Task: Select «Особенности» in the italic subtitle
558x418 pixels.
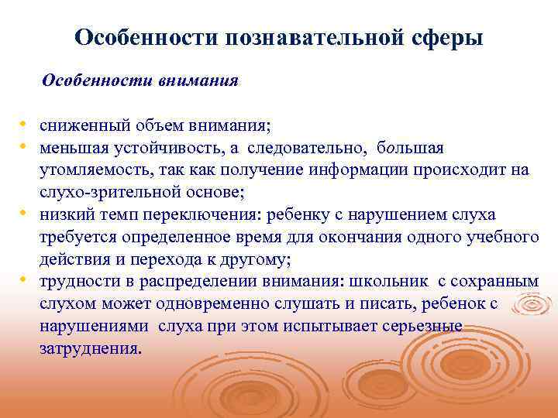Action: tap(89, 81)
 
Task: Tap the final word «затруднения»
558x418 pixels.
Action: tap(89, 349)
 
